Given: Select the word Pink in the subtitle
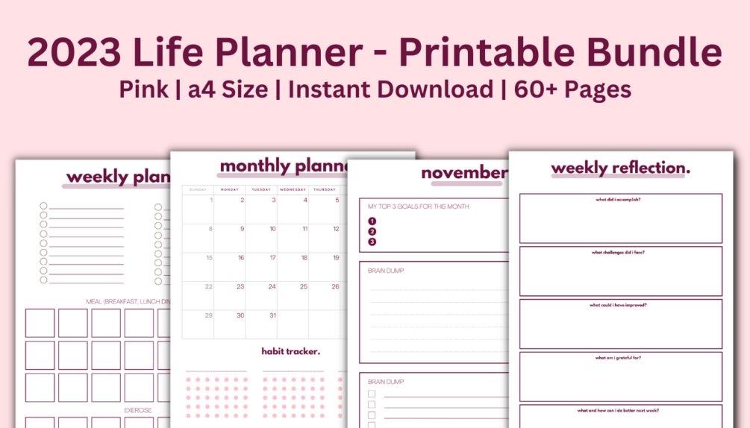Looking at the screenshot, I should [143, 89].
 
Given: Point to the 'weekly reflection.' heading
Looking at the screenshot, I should [620, 169].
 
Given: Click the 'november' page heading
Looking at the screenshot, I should [463, 173].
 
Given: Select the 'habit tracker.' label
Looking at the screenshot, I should [290, 351].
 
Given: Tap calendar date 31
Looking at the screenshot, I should [272, 315].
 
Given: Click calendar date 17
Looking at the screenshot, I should [272, 258].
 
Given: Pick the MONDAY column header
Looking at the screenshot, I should [229, 189].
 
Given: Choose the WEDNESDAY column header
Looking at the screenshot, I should [293, 189].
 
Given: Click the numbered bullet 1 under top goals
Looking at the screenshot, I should [372, 221].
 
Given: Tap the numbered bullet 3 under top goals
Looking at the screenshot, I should [372, 242].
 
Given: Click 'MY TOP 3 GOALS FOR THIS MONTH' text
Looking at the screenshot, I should [418, 206].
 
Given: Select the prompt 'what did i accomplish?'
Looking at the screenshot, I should [619, 200].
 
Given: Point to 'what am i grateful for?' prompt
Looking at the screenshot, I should [618, 358].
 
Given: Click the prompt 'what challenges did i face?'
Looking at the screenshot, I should [618, 252].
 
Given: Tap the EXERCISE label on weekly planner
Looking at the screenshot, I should [137, 410].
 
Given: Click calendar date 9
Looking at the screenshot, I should [242, 229].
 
